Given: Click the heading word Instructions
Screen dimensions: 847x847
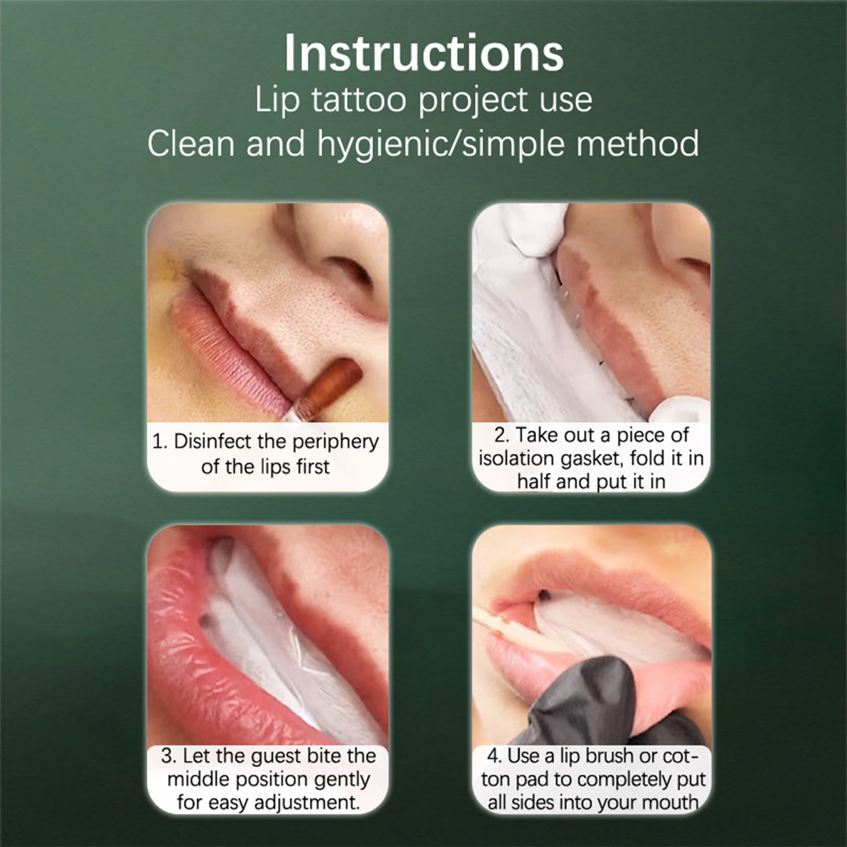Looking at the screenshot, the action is (424, 53).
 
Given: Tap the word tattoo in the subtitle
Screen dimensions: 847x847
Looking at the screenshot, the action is (359, 100).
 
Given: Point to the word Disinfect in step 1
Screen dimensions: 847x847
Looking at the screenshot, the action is (212, 441).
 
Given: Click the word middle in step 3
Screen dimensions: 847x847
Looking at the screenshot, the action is (199, 779).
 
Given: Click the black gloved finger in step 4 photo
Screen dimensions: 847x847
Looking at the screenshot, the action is (588, 699).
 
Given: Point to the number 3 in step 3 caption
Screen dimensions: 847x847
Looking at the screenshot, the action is (167, 756).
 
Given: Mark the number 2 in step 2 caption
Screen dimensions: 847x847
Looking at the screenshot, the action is (500, 435).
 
